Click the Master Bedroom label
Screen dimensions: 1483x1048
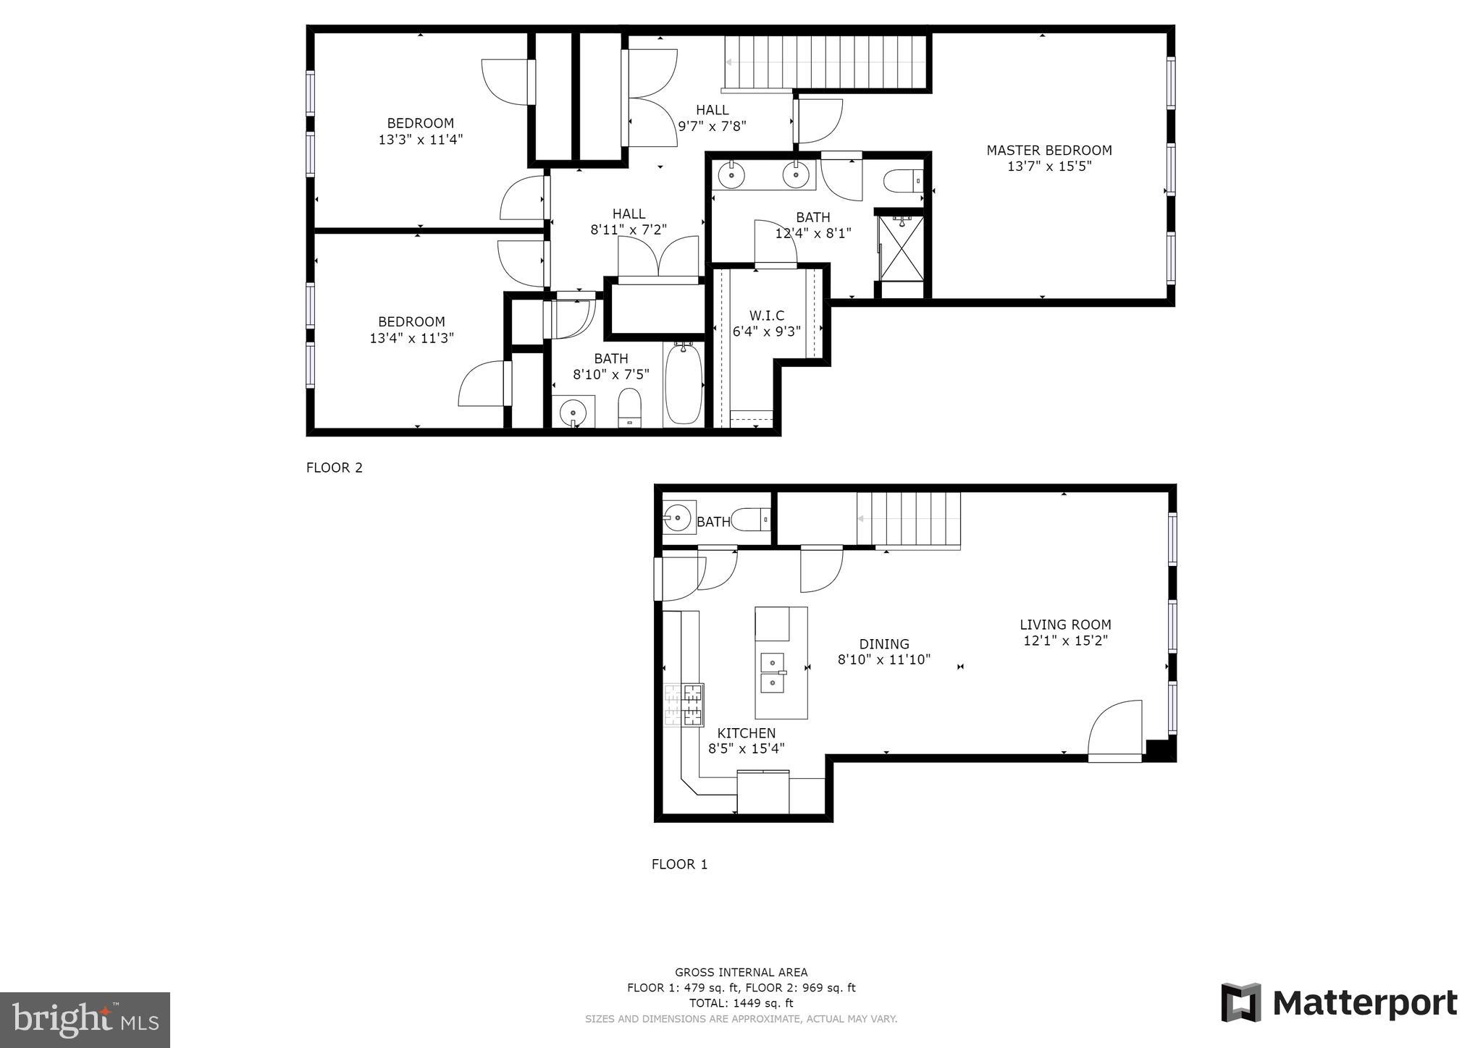[x=1049, y=151]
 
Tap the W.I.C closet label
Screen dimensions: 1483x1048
[x=767, y=316]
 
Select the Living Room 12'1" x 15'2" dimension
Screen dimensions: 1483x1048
[x=1065, y=641]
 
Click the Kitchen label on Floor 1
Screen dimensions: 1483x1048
[x=747, y=733]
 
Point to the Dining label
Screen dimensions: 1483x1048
[x=884, y=644]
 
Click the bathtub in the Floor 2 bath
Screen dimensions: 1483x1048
[x=684, y=384]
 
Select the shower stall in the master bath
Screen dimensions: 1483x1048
[x=902, y=248]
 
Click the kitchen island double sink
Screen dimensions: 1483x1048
[x=772, y=672]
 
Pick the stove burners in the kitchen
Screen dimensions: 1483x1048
[x=684, y=705]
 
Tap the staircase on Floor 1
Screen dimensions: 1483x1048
[x=908, y=519]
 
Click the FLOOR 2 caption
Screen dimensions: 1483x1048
[x=335, y=468]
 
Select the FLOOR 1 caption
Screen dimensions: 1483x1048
[x=679, y=864]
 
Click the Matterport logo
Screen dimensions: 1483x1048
[x=1339, y=1003]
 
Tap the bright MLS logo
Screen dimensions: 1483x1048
[x=85, y=1020]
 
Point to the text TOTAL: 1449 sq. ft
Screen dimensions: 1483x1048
[x=741, y=1003]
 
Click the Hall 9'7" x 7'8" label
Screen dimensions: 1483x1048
[x=712, y=118]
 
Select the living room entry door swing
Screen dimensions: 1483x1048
[x=1115, y=731]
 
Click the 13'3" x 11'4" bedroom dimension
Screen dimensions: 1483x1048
[x=420, y=140]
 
